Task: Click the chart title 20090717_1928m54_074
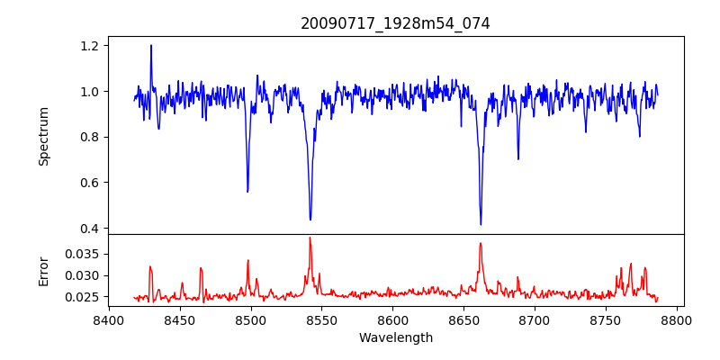(x=395, y=24)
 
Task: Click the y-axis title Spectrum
(x=43, y=136)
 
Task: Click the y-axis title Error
(x=43, y=270)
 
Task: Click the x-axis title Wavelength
(x=395, y=338)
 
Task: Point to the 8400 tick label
(x=109, y=320)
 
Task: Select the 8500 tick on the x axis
(x=251, y=320)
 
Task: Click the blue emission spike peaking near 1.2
(x=151, y=45)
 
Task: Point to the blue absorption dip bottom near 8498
(x=247, y=192)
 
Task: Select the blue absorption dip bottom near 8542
(x=310, y=220)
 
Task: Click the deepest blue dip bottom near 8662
(x=481, y=224)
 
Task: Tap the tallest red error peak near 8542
(x=310, y=238)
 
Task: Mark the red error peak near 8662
(x=481, y=243)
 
